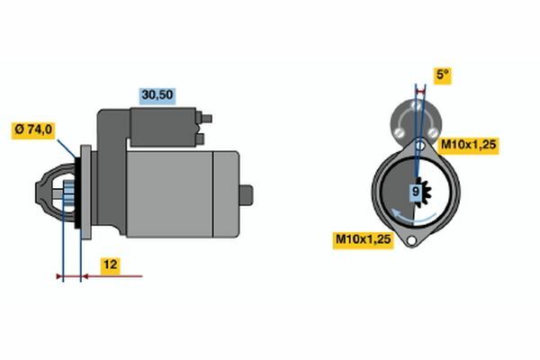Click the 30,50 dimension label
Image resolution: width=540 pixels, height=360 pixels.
point(157,95)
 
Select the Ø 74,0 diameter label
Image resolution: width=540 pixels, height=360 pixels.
point(33,130)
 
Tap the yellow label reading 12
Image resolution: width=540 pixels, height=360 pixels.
point(111,265)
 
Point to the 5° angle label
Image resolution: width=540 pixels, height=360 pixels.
point(443,75)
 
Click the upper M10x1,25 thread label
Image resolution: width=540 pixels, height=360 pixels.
point(469,145)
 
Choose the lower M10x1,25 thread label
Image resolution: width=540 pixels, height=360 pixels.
point(364,239)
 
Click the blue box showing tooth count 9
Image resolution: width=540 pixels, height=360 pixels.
point(416,192)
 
